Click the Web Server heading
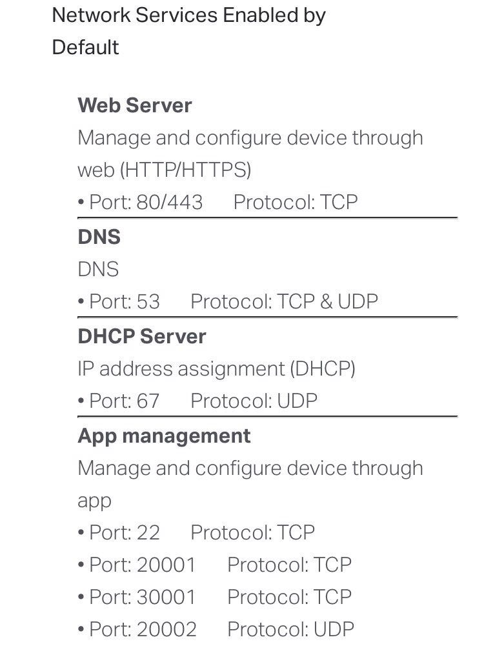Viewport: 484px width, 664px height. (135, 105)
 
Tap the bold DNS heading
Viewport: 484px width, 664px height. (99, 237)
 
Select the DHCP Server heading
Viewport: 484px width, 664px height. (142, 336)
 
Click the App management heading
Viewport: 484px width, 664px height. (165, 436)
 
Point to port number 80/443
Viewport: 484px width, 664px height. (169, 202)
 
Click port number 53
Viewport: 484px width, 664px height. (148, 301)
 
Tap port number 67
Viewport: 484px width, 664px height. (148, 401)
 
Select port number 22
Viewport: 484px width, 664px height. (148, 533)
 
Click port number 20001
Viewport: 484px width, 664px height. (166, 565)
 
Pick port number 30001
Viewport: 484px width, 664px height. (166, 597)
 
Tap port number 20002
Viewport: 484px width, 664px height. (166, 629)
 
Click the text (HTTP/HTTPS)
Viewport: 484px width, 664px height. (186, 170)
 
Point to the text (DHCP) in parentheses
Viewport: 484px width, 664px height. (323, 369)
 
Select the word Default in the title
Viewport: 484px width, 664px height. (85, 47)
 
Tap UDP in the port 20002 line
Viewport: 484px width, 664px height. (334, 629)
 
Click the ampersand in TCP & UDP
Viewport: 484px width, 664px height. (326, 301)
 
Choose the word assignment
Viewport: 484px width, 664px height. (231, 370)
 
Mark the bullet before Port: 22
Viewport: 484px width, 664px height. (81, 532)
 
